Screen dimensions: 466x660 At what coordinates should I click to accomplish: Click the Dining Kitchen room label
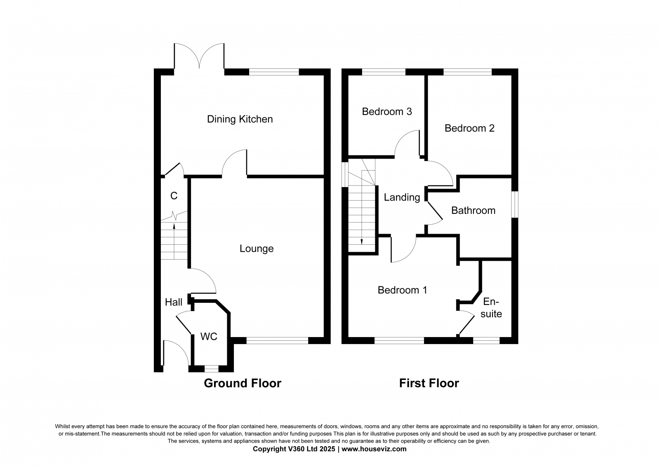pyautogui.click(x=240, y=119)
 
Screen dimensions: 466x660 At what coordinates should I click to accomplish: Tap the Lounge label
pyautogui.click(x=257, y=249)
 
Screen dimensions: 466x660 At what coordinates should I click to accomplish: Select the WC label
pyautogui.click(x=209, y=337)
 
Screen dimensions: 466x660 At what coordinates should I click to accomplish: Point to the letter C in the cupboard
pyautogui.click(x=174, y=196)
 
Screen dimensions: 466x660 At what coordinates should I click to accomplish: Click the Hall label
pyautogui.click(x=174, y=302)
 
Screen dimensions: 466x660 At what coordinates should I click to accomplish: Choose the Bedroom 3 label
pyautogui.click(x=387, y=112)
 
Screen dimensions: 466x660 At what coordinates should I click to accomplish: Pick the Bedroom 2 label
pyautogui.click(x=469, y=129)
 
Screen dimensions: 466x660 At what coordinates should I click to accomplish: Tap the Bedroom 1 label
pyautogui.click(x=402, y=290)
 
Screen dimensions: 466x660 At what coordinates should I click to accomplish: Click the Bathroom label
pyautogui.click(x=473, y=211)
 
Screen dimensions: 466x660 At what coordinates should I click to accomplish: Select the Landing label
pyautogui.click(x=402, y=198)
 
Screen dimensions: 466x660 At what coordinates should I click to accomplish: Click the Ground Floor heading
pyautogui.click(x=243, y=384)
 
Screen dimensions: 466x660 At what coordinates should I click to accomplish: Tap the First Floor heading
pyautogui.click(x=429, y=384)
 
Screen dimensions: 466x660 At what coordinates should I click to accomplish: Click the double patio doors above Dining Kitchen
pyautogui.click(x=200, y=58)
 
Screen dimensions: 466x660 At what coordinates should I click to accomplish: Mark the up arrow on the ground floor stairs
pyautogui.click(x=174, y=225)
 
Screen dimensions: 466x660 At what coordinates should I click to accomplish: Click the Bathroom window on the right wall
pyautogui.click(x=514, y=204)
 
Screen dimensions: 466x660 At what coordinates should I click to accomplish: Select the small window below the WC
pyautogui.click(x=211, y=369)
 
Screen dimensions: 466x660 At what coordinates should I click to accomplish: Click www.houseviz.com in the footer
pyautogui.click(x=374, y=449)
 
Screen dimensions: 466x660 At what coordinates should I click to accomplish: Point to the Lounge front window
pyautogui.click(x=277, y=340)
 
